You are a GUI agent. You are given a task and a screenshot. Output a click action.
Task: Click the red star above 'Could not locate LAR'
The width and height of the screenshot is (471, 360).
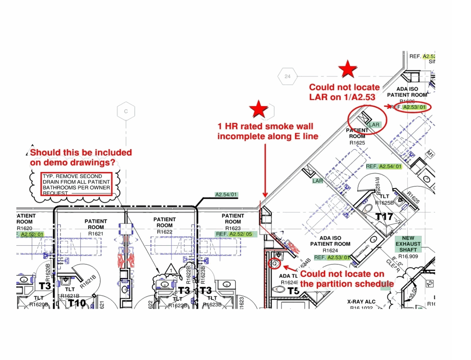[x=348, y=69]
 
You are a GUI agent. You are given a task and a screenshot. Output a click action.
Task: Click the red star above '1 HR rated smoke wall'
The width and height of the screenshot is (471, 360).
[x=259, y=109]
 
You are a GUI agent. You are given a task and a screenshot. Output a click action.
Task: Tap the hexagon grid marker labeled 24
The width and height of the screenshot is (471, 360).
[x=288, y=76]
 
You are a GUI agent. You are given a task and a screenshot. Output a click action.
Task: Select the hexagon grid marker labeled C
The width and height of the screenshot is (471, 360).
[x=126, y=111]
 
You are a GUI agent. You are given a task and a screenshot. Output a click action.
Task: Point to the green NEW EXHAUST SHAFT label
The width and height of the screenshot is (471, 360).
[x=408, y=244]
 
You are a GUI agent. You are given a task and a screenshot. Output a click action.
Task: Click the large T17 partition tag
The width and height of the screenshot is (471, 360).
[x=384, y=217]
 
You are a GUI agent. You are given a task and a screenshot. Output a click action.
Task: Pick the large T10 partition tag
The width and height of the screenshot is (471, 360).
[x=77, y=303]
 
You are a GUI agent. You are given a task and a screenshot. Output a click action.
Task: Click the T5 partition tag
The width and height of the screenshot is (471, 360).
[x=293, y=291]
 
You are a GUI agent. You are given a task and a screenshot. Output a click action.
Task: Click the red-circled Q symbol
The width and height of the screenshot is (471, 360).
[x=275, y=263]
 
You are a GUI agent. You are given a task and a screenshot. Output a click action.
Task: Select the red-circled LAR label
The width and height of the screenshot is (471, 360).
[x=374, y=125]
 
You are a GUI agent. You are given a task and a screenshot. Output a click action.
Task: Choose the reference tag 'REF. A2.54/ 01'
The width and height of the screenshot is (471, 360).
[x=384, y=166]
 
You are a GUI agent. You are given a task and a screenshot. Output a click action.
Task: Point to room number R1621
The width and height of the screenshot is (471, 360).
[x=96, y=234]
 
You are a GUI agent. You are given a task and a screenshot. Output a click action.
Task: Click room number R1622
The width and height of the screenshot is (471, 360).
[x=164, y=232]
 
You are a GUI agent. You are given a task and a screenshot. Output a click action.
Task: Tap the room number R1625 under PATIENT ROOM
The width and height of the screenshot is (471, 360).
[x=357, y=143]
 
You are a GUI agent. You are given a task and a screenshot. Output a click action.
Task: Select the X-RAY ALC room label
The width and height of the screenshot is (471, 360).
[x=361, y=302]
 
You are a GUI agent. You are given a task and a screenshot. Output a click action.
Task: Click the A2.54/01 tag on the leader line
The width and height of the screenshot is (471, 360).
[x=226, y=194]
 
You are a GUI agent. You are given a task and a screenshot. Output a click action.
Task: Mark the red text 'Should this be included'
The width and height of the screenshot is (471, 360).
[x=81, y=152]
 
